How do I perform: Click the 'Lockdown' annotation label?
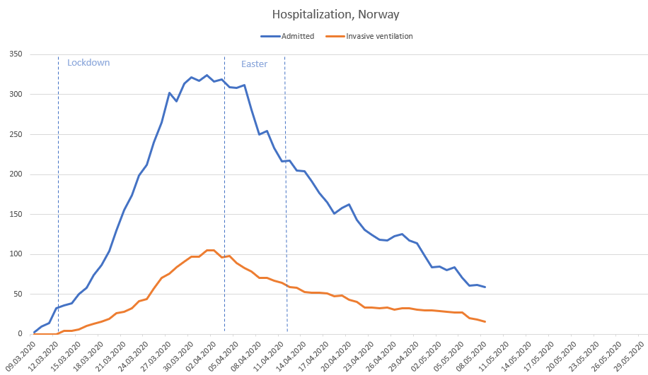(x=88, y=63)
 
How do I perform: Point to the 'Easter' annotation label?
(x=254, y=64)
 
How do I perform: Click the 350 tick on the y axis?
(x=14, y=54)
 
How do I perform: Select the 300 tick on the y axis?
(x=14, y=95)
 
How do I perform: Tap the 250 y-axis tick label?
(x=14, y=134)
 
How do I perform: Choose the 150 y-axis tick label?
(x=14, y=214)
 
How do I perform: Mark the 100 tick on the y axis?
(x=14, y=254)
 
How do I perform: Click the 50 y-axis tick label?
(x=16, y=294)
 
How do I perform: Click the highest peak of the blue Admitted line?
(x=207, y=75)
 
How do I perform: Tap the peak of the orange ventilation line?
(x=210, y=250)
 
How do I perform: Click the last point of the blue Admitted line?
(x=485, y=287)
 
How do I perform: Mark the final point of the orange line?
(x=485, y=322)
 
